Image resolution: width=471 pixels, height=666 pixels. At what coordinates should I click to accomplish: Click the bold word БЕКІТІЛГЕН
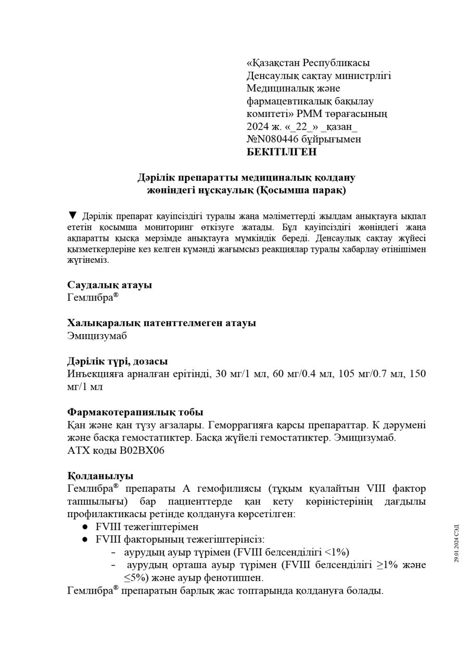[x=281, y=152]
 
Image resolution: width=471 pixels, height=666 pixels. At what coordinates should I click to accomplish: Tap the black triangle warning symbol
[x=73, y=215]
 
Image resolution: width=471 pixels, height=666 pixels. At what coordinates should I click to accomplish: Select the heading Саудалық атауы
[x=109, y=285]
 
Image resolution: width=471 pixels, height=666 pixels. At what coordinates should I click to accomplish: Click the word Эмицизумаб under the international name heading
[x=97, y=336]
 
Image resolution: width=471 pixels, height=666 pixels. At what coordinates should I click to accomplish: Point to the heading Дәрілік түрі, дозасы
[x=117, y=362]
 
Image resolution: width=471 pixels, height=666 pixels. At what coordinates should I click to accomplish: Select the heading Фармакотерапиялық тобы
[x=135, y=413]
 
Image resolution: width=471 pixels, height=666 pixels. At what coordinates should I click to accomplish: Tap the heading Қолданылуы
[x=100, y=476]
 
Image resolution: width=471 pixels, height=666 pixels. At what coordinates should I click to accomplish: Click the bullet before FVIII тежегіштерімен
[x=85, y=527]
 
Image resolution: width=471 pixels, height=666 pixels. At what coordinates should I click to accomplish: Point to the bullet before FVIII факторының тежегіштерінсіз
[x=85, y=540]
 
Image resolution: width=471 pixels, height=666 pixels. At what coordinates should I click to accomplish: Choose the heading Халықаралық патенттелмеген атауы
[x=161, y=323]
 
